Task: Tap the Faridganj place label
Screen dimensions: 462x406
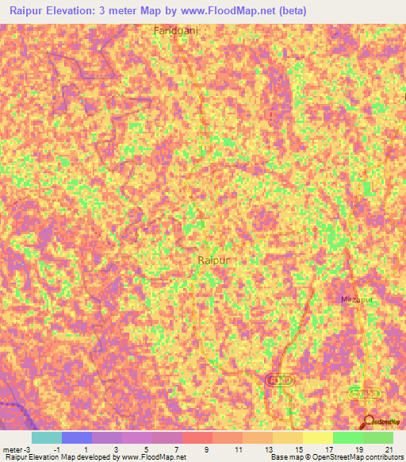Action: (x=175, y=30)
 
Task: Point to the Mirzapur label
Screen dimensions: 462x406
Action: (x=355, y=300)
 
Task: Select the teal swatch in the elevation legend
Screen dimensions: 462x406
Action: (x=46, y=437)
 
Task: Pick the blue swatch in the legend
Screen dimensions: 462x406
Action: (x=77, y=437)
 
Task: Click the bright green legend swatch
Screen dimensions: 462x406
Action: (x=347, y=437)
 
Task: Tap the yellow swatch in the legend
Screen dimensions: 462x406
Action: (x=317, y=437)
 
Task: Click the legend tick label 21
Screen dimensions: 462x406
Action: (x=389, y=449)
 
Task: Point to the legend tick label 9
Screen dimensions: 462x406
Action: (x=206, y=449)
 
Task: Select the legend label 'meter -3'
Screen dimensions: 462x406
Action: (x=16, y=449)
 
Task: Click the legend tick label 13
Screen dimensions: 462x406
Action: (x=267, y=449)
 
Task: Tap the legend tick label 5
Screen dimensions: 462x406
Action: (x=146, y=449)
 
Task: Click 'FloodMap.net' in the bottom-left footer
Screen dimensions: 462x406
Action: (x=164, y=457)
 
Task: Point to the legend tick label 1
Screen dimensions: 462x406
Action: (x=86, y=449)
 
